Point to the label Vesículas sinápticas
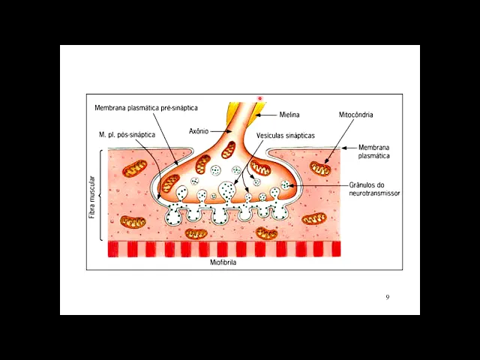pyautogui.click(x=285, y=136)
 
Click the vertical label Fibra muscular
pyautogui.click(x=92, y=196)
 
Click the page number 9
pyautogui.click(x=387, y=298)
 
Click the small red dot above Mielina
pyautogui.click(x=261, y=98)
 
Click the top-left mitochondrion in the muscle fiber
pyautogui.click(x=135, y=169)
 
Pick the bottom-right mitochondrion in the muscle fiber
pyautogui.click(x=315, y=218)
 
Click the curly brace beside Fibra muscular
pyautogui.click(x=101, y=196)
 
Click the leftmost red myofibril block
pyautogui.click(x=113, y=249)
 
